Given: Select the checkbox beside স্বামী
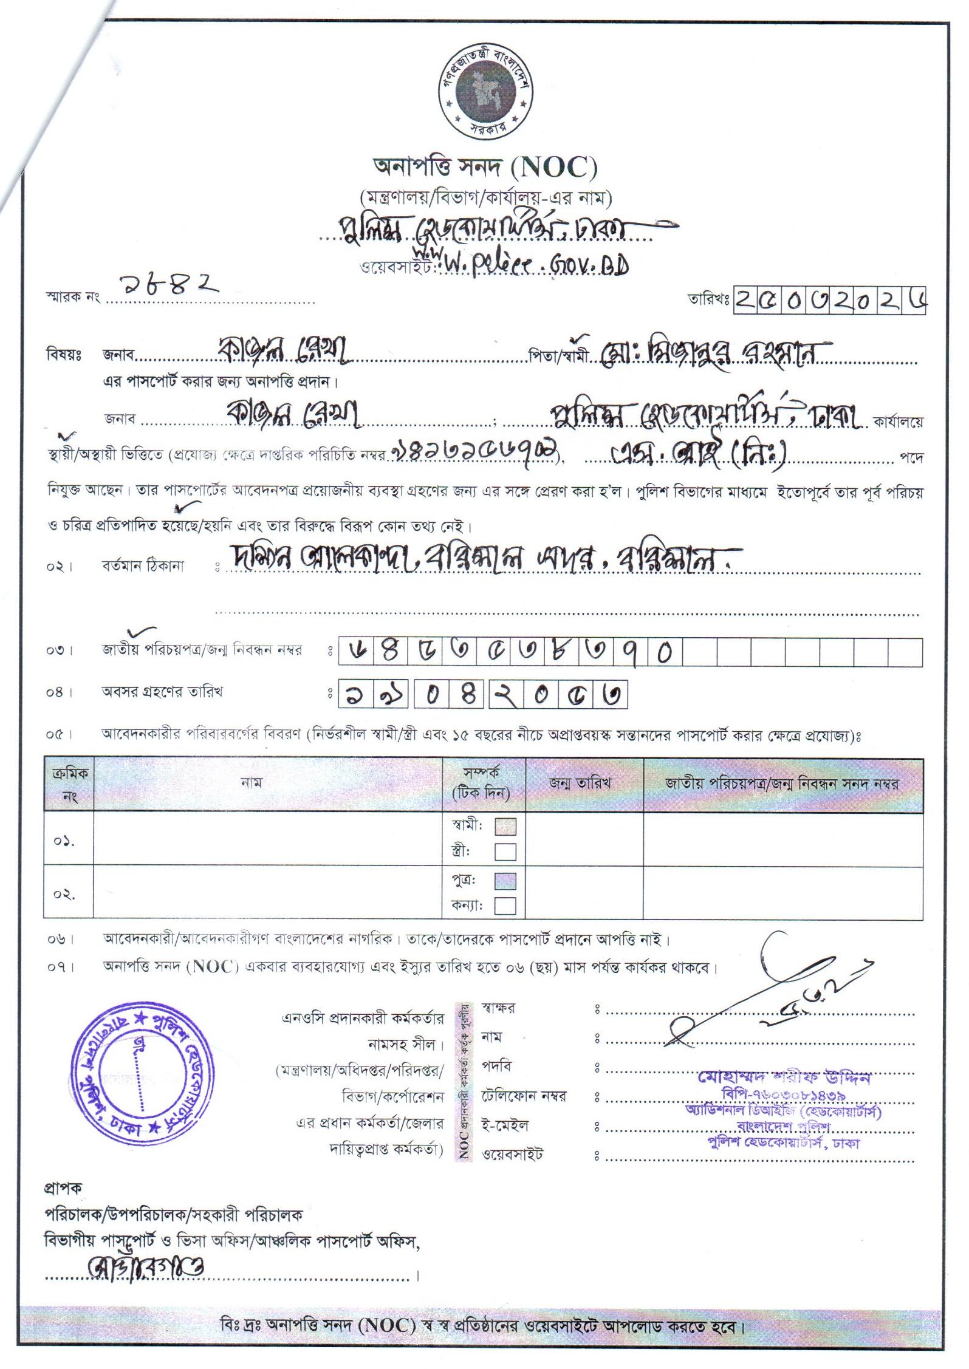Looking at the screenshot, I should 505,827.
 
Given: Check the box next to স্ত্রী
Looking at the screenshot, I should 505,852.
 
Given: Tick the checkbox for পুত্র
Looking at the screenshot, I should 505,881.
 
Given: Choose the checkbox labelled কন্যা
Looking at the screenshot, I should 505,906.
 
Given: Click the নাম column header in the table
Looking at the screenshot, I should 251,784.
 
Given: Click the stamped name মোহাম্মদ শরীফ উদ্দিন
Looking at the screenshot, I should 784,1078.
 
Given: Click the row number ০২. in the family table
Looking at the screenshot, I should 64,895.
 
